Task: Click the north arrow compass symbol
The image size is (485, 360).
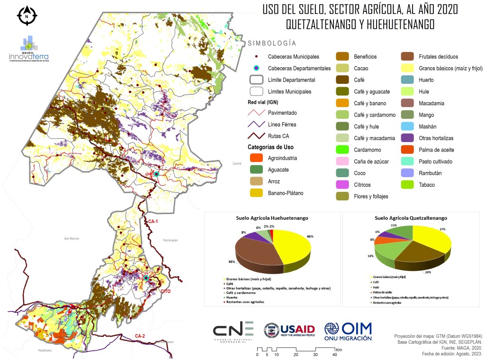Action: (27, 15)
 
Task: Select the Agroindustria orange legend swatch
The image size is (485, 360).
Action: (256, 158)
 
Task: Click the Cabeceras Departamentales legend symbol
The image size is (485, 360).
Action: (256, 68)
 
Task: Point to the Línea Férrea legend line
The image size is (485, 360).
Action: (256, 124)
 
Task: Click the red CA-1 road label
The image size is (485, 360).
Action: (153, 221)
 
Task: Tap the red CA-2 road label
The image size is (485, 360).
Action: (140, 336)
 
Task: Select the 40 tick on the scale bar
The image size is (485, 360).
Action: (334, 355)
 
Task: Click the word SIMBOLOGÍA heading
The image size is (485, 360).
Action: (272, 43)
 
